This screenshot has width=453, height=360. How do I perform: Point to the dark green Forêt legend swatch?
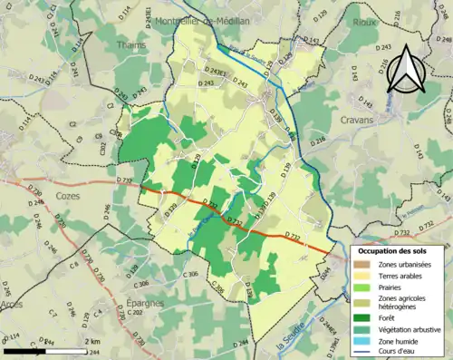point(364,318)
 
